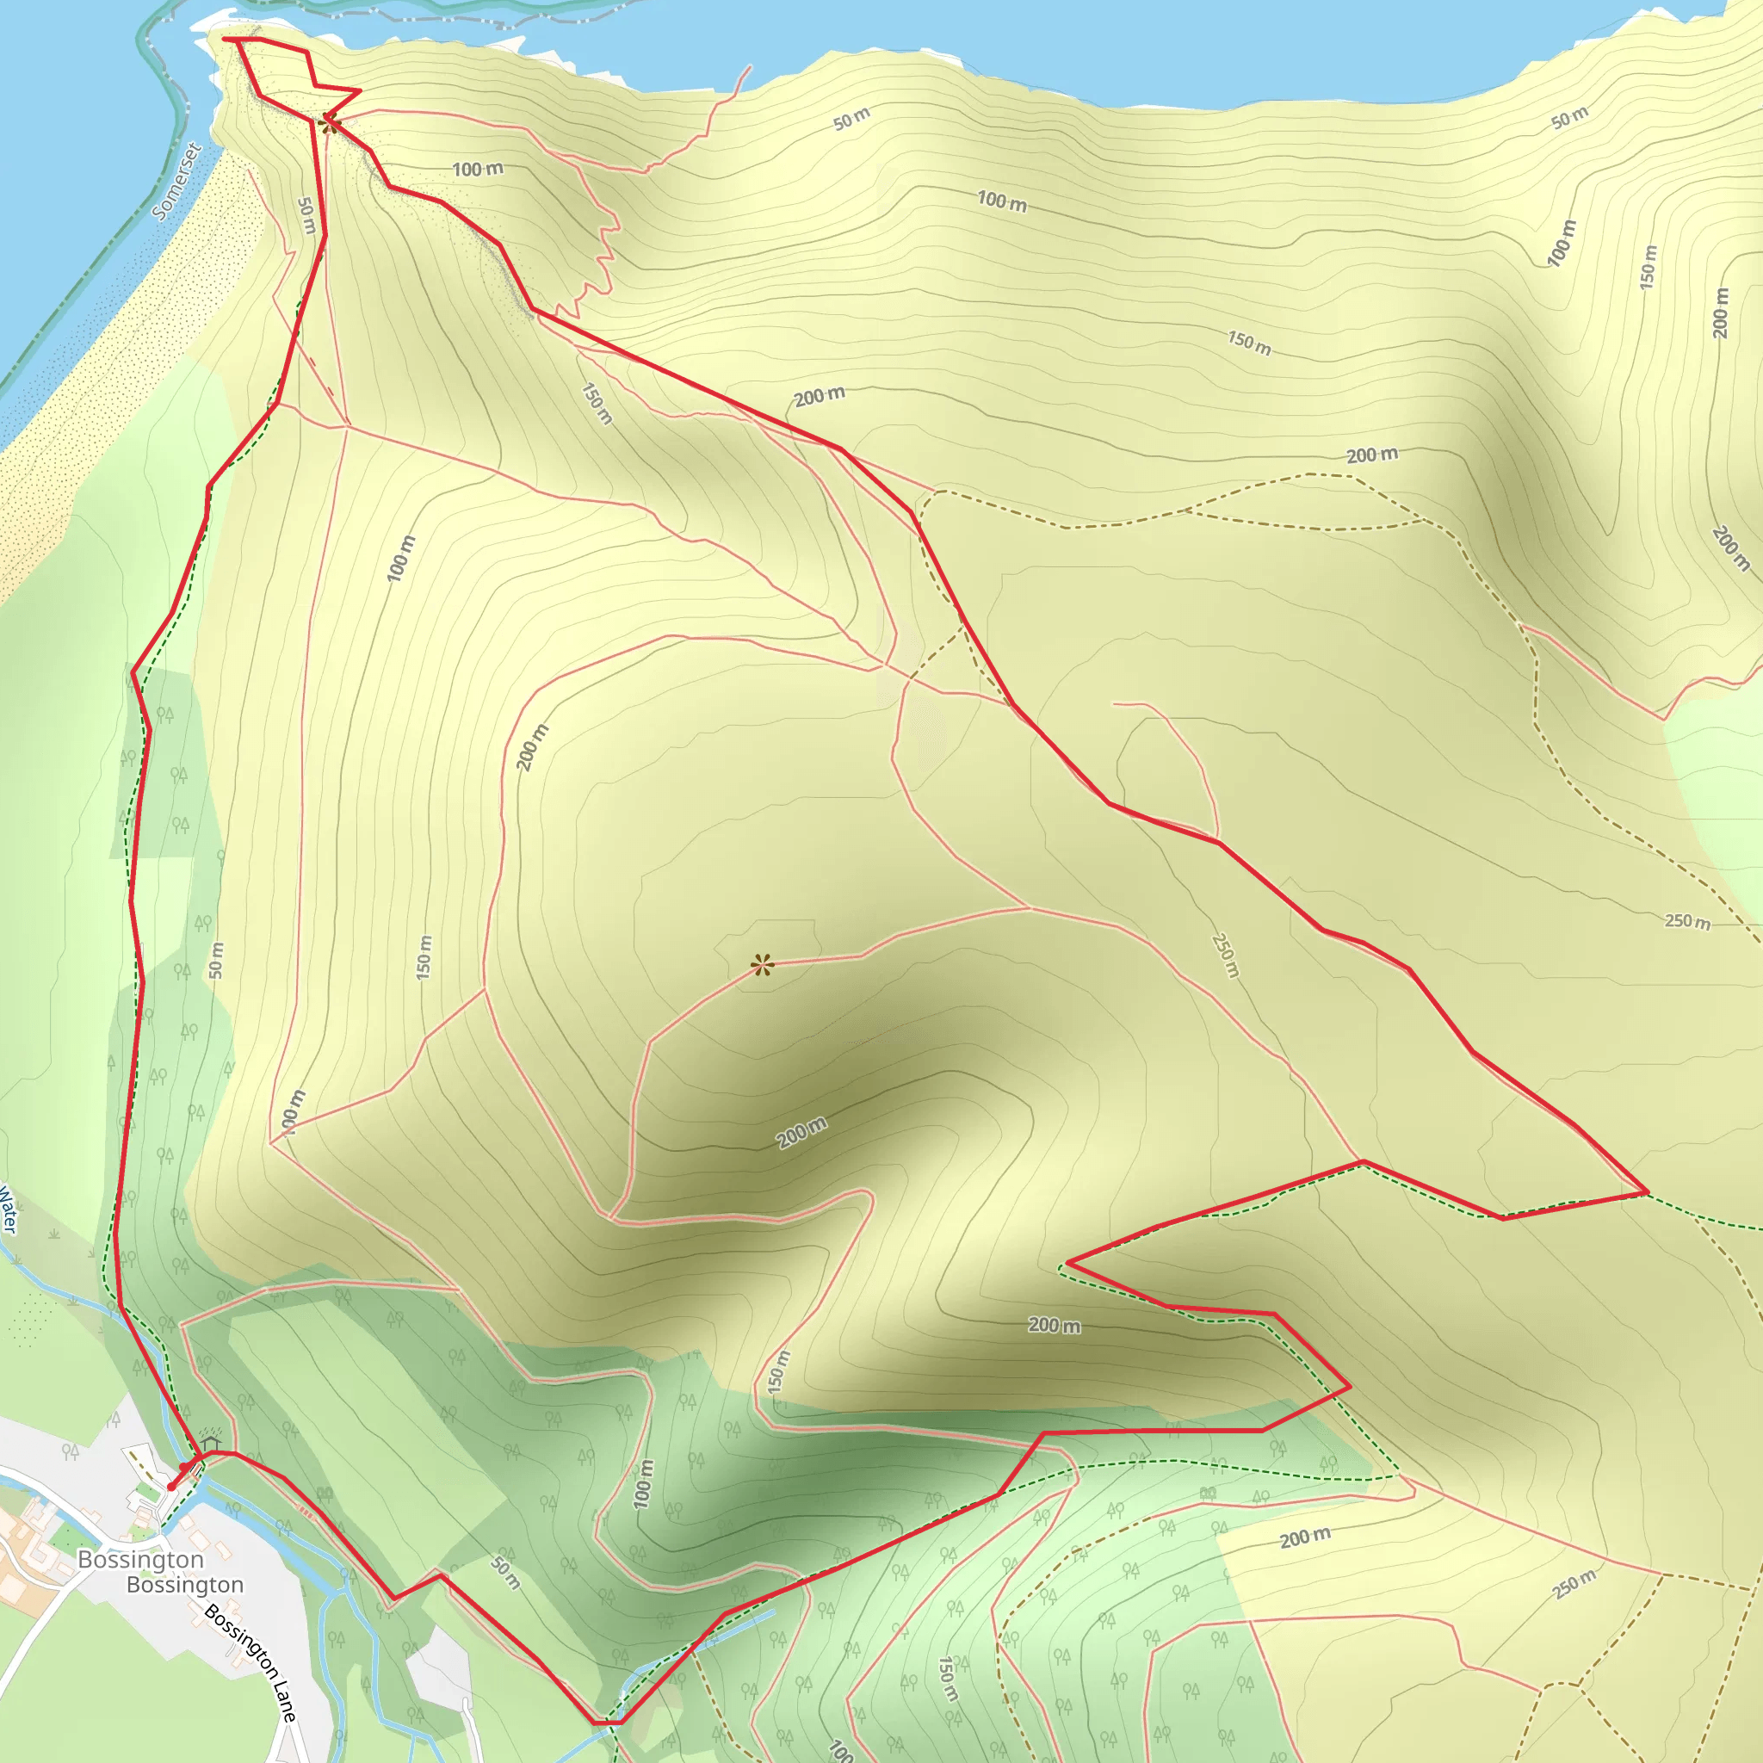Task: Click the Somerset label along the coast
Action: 177,181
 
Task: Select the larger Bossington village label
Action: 140,1560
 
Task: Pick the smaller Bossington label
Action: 185,1585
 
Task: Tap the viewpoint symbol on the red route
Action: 331,123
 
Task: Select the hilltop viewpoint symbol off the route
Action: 762,964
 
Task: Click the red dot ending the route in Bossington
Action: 171,1488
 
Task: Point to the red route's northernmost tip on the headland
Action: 226,40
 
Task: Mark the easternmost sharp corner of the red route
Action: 1647,1192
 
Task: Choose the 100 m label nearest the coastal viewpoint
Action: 477,169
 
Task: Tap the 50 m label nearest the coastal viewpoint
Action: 306,215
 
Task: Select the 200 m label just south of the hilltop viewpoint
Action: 801,1133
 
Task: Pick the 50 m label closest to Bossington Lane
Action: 505,1572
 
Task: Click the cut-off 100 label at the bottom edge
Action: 840,1750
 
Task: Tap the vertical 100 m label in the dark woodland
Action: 643,1483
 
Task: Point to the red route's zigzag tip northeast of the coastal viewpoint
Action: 360,90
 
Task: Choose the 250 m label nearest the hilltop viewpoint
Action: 1226,956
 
